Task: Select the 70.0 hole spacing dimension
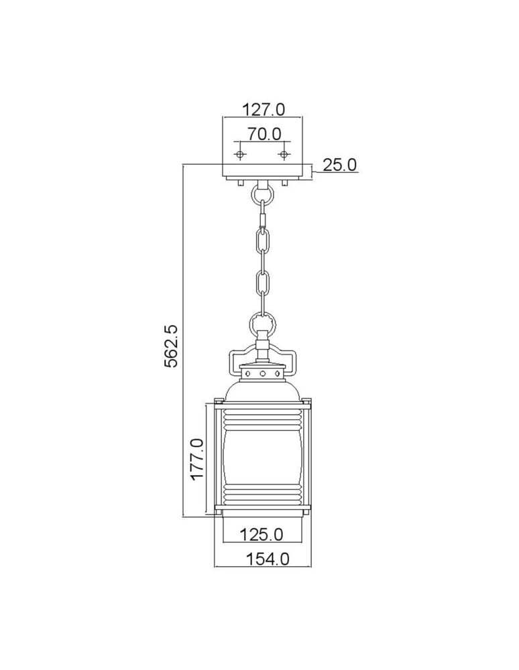pos(263,133)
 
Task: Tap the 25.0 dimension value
pos(339,164)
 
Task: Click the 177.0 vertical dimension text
pos(196,459)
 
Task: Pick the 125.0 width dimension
pos(262,535)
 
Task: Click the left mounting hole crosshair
pos(240,155)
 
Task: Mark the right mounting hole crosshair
pos(284,155)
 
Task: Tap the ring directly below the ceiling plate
pos(262,195)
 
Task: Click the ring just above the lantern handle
pos(262,326)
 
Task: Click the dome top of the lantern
pos(263,390)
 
